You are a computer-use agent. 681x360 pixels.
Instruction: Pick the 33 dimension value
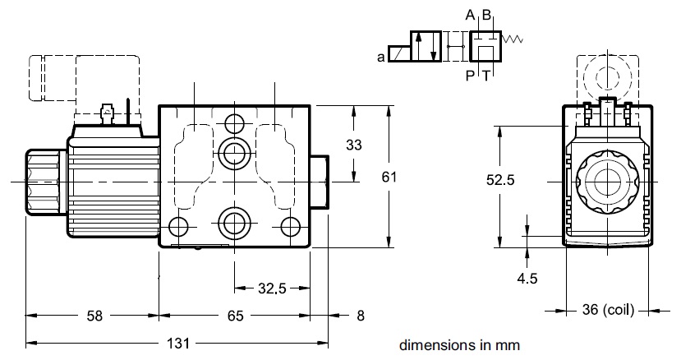click(x=353, y=145)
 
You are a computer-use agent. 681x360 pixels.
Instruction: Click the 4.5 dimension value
click(x=527, y=279)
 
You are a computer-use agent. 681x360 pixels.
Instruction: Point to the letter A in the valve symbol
click(x=469, y=16)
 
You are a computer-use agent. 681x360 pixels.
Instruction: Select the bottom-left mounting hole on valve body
click(x=177, y=226)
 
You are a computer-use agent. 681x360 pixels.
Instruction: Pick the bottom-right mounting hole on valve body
click(x=288, y=225)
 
